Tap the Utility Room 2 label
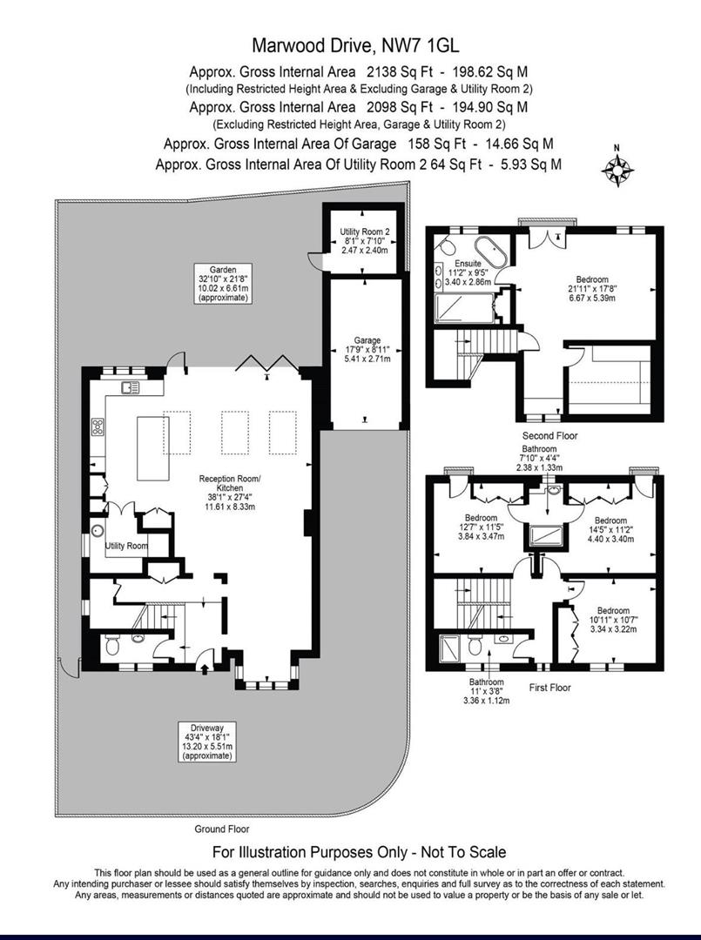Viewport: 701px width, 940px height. (361, 237)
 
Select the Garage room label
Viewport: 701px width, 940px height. (367, 349)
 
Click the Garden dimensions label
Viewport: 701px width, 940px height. (223, 284)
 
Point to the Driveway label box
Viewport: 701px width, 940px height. (207, 741)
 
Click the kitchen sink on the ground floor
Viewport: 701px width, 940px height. (131, 387)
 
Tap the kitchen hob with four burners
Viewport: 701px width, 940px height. (98, 427)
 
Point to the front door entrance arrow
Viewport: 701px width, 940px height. (204, 668)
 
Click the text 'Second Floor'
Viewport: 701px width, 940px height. (549, 435)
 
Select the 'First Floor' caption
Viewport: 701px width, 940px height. (549, 687)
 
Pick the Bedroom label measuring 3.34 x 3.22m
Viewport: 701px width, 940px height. (612, 619)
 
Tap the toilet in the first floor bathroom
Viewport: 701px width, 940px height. (475, 647)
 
